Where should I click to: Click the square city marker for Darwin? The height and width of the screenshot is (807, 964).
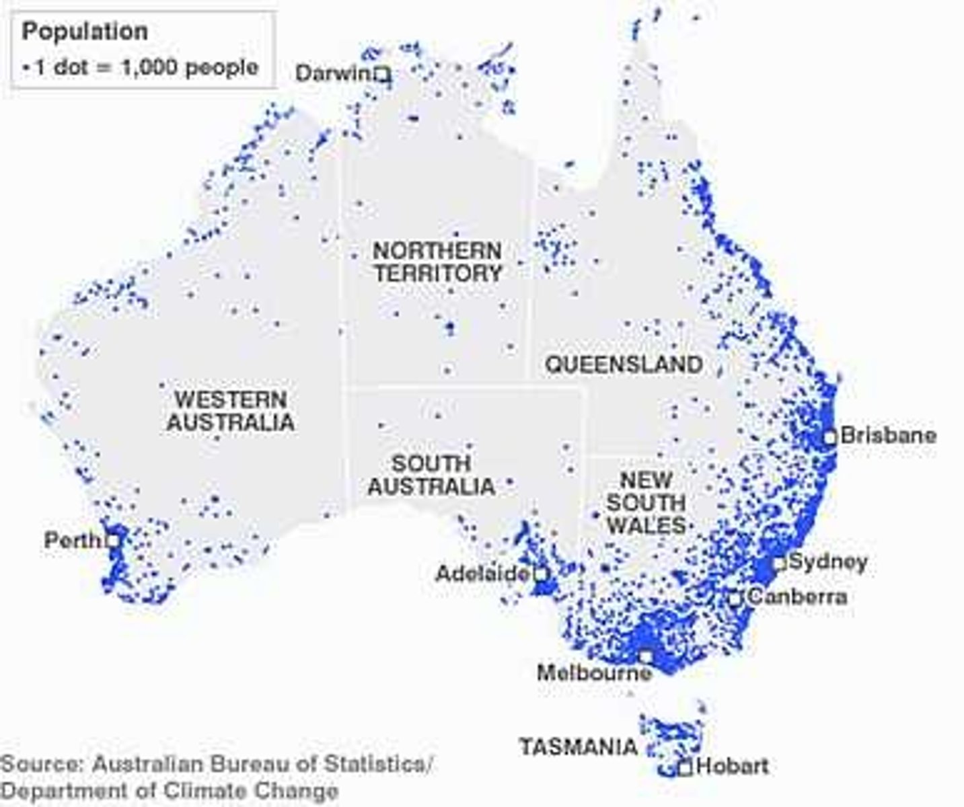pos(382,73)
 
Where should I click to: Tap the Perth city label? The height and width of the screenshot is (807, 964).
pos(71,540)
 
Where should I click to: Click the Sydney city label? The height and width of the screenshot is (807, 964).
pos(828,562)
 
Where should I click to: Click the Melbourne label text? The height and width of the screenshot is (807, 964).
pos(594,672)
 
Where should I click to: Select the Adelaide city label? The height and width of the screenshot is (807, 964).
pos(482,574)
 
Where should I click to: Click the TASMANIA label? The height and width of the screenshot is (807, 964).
pos(579,746)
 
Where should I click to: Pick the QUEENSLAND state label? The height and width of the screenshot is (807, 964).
pos(624,364)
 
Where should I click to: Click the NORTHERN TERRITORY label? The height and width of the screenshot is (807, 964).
pos(438,262)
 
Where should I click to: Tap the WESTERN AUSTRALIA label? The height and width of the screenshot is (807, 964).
pos(231,411)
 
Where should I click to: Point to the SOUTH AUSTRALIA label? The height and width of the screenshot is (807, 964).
pos(431,475)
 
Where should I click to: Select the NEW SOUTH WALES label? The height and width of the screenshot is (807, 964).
pos(646,503)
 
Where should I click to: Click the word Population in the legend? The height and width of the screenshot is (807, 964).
pos(85,32)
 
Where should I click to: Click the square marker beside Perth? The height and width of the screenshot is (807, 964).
pos(113,539)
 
